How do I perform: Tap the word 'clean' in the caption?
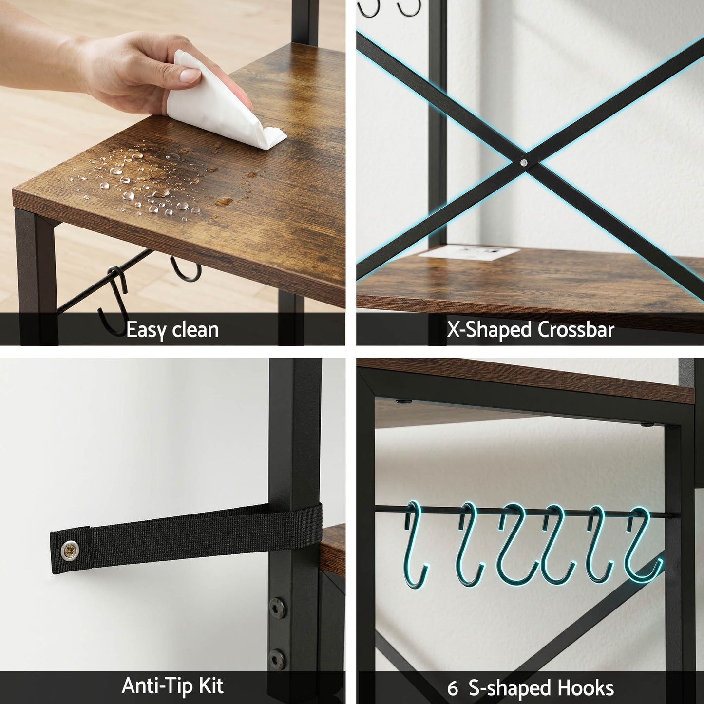195,329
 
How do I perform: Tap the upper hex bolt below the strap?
277,608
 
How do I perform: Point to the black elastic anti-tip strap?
186,537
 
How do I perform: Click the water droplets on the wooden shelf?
146,179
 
